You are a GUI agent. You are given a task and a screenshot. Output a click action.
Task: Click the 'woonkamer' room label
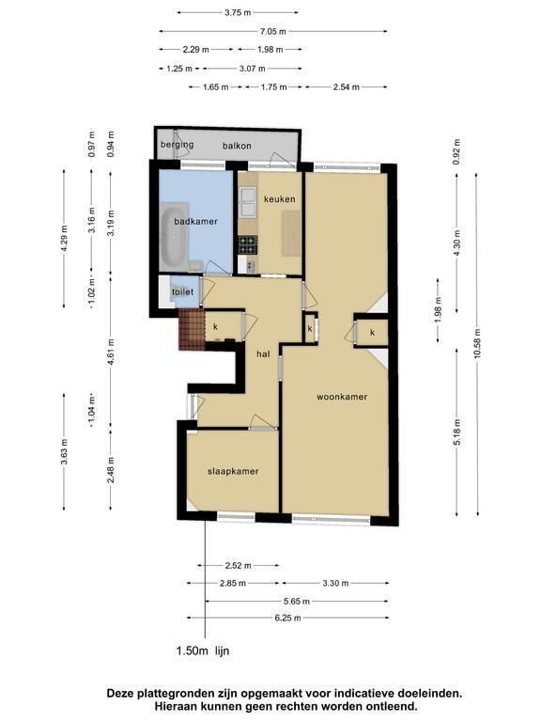pyautogui.click(x=342, y=397)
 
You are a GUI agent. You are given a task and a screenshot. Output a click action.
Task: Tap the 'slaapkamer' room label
pyautogui.click(x=233, y=472)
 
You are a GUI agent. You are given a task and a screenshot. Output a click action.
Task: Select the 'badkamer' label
pyautogui.click(x=195, y=222)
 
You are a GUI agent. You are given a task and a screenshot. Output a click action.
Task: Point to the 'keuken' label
pyautogui.click(x=279, y=199)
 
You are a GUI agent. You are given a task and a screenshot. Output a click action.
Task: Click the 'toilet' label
pyautogui.click(x=182, y=292)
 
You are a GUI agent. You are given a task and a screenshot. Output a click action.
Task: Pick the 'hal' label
pyautogui.click(x=263, y=354)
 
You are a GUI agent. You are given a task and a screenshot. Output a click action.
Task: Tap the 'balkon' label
pyautogui.click(x=237, y=146)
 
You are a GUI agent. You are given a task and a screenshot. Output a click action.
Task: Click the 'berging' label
pyautogui.click(x=178, y=145)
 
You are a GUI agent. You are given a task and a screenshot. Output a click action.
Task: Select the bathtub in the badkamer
pyautogui.click(x=175, y=237)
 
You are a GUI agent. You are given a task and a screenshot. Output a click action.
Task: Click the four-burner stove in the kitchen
pyautogui.click(x=248, y=244)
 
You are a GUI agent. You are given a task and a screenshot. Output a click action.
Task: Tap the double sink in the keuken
pyautogui.click(x=248, y=202)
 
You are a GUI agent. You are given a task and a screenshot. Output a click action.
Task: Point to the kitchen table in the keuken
pyautogui.click(x=291, y=233)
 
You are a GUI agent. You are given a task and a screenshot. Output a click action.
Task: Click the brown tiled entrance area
pyautogui.click(x=192, y=330)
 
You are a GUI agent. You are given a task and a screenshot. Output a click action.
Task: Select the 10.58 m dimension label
pyautogui.click(x=477, y=343)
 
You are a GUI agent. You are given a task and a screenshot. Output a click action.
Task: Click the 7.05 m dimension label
pyautogui.click(x=273, y=31)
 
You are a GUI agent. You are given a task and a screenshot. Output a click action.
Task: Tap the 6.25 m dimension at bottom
pyautogui.click(x=288, y=618)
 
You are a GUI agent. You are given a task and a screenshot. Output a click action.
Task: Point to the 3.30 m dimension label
pyautogui.click(x=336, y=584)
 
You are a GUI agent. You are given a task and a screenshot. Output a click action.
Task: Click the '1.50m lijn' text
pyautogui.click(x=203, y=651)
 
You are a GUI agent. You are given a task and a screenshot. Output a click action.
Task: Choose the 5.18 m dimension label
pyautogui.click(x=456, y=432)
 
